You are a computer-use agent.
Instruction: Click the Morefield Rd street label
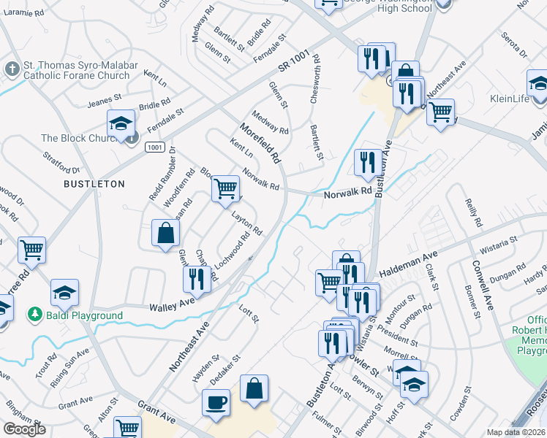[x=260, y=143]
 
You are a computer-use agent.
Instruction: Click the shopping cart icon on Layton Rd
[x=226, y=189]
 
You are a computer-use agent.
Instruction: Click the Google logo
[x=23, y=430]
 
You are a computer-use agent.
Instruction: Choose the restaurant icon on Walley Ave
[x=196, y=279]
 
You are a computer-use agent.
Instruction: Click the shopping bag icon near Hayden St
[x=254, y=389]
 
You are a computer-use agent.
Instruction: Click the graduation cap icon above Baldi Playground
[x=65, y=293]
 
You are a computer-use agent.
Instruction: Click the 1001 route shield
[x=154, y=147]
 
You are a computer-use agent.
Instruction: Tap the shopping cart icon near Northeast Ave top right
[x=440, y=112]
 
